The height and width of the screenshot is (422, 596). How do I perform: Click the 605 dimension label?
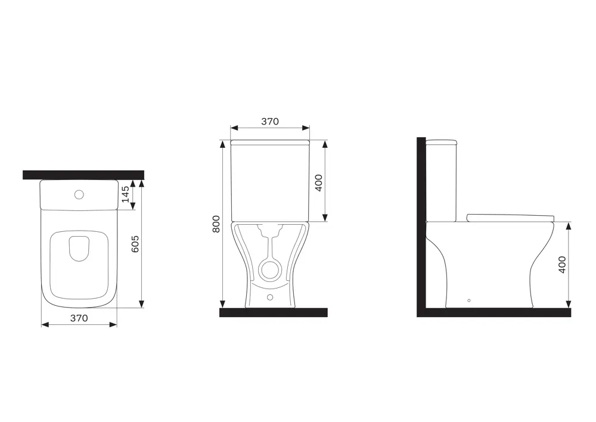pos(135,244)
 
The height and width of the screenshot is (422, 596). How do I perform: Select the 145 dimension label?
pos(125,194)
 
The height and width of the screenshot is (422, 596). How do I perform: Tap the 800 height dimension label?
pos(216,224)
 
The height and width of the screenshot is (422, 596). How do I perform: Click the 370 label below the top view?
pos(79,318)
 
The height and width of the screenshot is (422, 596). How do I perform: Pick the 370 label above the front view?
pos(270,122)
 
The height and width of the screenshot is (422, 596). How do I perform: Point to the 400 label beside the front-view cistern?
pos(318,183)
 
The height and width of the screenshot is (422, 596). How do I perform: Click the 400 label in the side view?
pos(562,265)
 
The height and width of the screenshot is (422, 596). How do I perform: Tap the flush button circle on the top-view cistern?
pos(79,195)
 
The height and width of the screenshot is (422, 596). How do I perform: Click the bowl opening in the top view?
pos(79,249)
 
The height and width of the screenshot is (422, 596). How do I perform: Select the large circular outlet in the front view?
pos(270,269)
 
